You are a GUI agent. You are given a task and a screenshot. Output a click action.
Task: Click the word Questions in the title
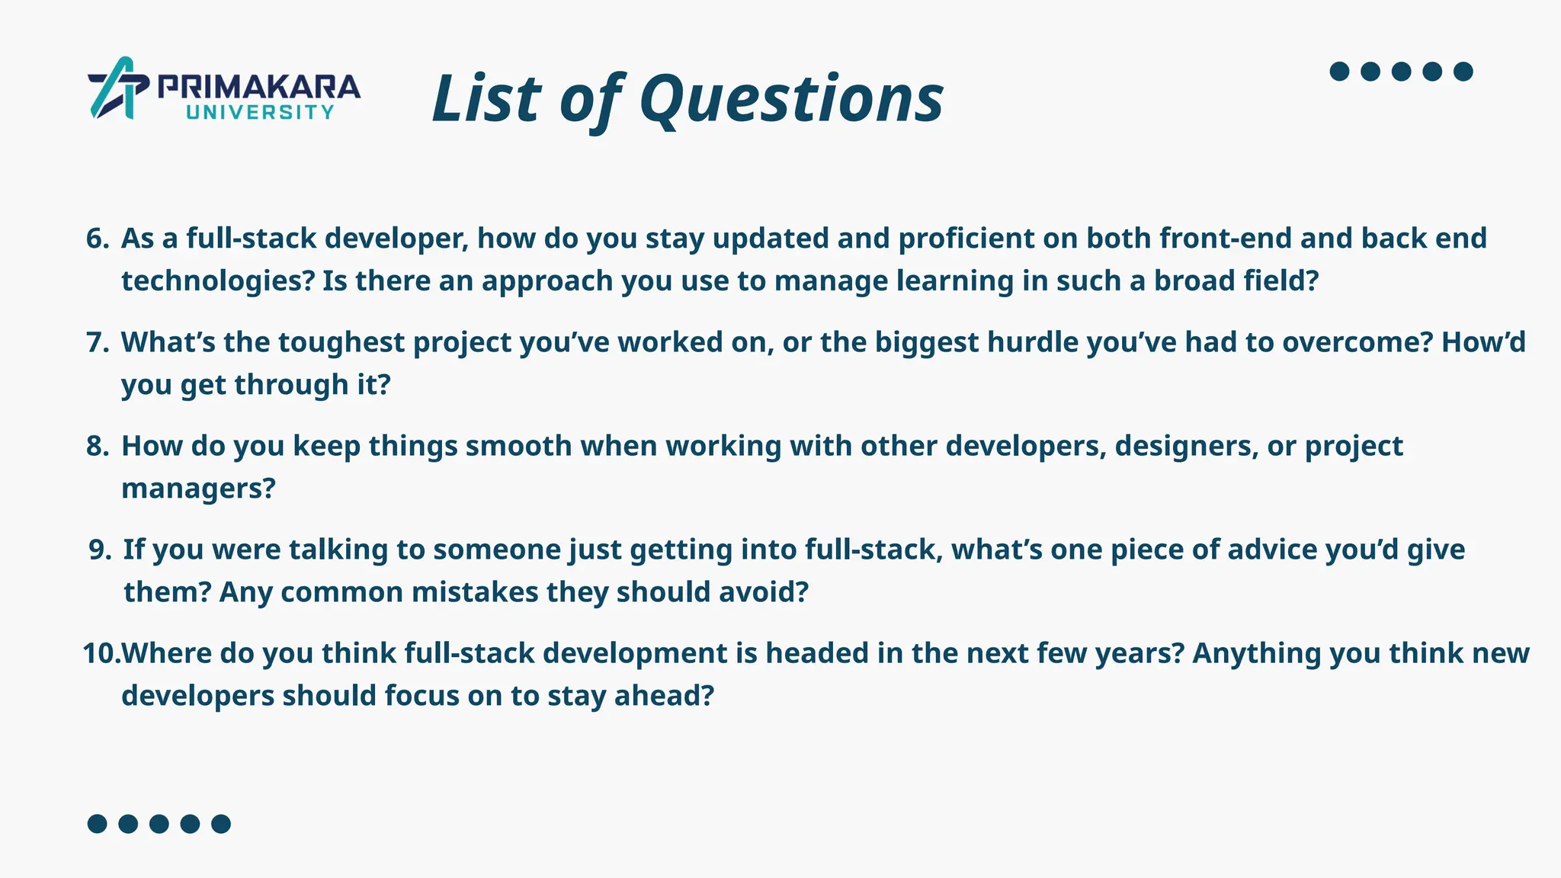[x=791, y=99]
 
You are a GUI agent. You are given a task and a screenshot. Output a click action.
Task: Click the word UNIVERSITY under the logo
[x=260, y=113]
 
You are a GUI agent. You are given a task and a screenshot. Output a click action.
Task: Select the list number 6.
[x=98, y=239]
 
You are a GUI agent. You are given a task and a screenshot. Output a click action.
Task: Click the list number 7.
[x=98, y=342]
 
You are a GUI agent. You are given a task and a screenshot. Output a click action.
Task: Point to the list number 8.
[x=98, y=446]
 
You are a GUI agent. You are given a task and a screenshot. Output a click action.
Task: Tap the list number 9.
[x=100, y=550]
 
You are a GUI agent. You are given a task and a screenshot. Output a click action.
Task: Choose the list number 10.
[x=101, y=653]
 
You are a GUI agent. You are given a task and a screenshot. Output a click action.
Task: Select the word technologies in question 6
[x=217, y=281]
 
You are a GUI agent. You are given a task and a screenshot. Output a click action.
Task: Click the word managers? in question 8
[x=198, y=489]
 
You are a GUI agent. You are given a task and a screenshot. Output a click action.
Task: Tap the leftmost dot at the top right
[x=1339, y=72]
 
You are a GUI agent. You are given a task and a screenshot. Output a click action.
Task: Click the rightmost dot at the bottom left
[x=221, y=824]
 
